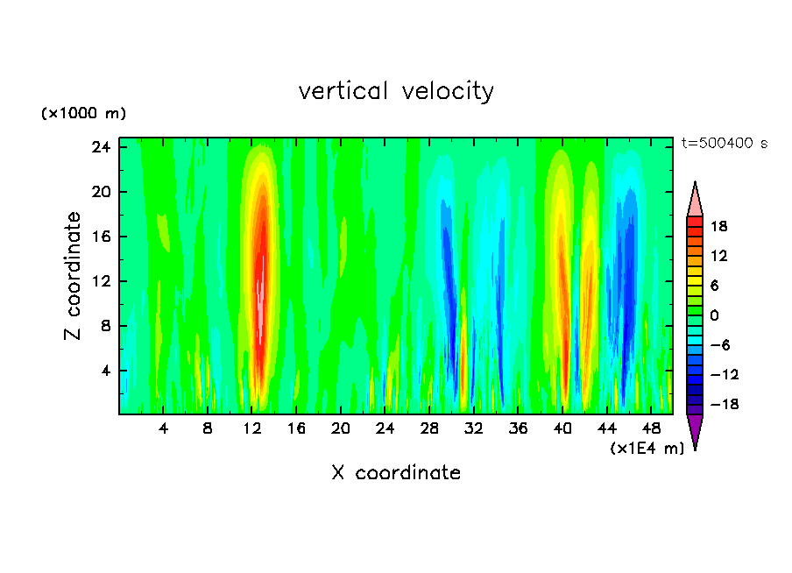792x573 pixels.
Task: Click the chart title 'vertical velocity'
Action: click(x=396, y=91)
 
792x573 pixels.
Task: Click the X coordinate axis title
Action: click(x=396, y=473)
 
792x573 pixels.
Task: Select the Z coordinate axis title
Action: click(x=74, y=275)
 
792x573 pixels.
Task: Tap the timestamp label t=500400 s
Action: click(x=724, y=144)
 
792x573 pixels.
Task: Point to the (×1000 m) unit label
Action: click(x=84, y=114)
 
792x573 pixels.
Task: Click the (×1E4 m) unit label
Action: click(x=647, y=449)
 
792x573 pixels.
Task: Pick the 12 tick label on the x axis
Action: click(x=252, y=428)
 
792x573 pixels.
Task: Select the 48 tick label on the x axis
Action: click(x=652, y=428)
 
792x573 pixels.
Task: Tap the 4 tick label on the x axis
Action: click(x=164, y=428)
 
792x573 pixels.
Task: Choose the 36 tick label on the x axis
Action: click(x=519, y=428)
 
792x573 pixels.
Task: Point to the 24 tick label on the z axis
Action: click(x=101, y=147)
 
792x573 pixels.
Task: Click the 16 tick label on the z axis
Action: click(x=101, y=237)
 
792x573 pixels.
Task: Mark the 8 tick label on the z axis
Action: click(x=105, y=326)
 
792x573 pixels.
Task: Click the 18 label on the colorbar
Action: click(x=719, y=226)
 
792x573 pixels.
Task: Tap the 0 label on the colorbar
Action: click(x=715, y=315)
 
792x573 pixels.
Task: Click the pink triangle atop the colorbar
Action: click(x=695, y=200)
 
